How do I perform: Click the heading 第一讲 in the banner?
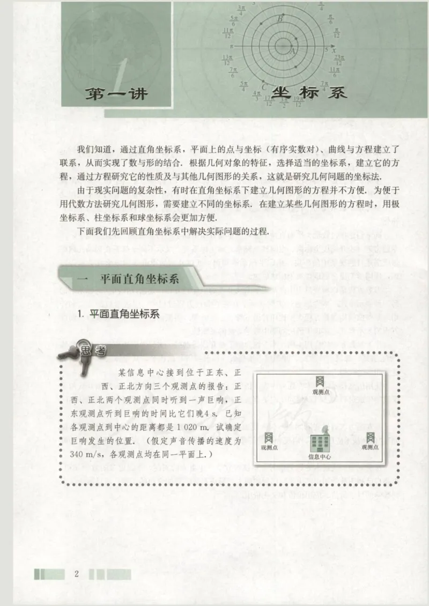coord(117,94)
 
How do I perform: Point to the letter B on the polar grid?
coord(280,19)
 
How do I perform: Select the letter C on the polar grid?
coord(264,84)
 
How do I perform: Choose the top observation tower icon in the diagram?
coord(319,382)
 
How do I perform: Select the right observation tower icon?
coord(369,437)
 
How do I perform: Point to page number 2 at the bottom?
coord(77,574)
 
